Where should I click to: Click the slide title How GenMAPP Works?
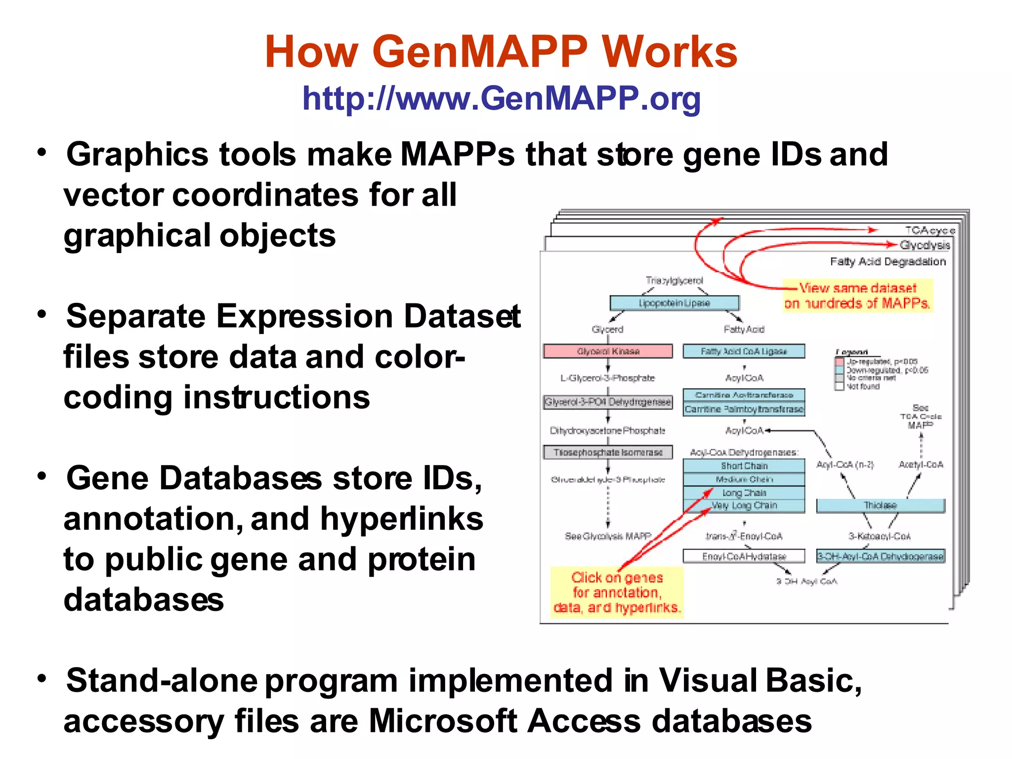[x=501, y=52]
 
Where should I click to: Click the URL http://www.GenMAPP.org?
[x=501, y=98]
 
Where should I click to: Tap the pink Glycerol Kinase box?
[x=608, y=351]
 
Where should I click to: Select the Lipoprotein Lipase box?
[x=674, y=303]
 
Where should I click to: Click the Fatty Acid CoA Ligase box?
[x=744, y=351]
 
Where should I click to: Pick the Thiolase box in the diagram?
[x=880, y=506]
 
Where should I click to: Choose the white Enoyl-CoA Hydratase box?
[x=744, y=556]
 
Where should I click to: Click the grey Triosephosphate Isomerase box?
[x=608, y=452]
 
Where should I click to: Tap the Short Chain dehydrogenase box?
[x=744, y=466]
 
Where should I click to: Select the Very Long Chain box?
[x=744, y=506]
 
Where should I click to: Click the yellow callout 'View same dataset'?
[x=858, y=295]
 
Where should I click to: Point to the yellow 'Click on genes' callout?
[x=617, y=592]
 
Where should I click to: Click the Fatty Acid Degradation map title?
[x=887, y=262]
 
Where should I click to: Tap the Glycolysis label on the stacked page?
[x=925, y=245]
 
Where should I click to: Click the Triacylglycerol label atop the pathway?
[x=674, y=281]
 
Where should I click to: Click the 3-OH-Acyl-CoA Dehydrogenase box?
[x=880, y=556]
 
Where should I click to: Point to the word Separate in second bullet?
[x=136, y=316]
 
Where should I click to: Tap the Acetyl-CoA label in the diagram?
[x=921, y=465]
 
